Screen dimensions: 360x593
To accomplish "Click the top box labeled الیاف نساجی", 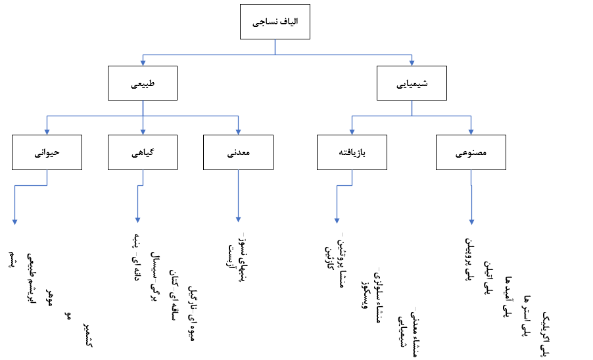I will pyautogui.click(x=275, y=23).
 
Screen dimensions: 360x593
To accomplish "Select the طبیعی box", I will pyautogui.click(x=143, y=83).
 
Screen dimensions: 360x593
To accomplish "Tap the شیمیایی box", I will pyautogui.click(x=412, y=83).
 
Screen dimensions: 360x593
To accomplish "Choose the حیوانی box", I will pyautogui.click(x=47, y=152).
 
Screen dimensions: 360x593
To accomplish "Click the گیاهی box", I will pyautogui.click(x=143, y=152).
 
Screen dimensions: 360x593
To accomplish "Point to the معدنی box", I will pyautogui.click(x=238, y=152).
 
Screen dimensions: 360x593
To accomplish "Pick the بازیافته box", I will pyautogui.click(x=352, y=152).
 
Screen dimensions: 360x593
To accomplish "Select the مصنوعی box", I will pyautogui.click(x=471, y=152).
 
